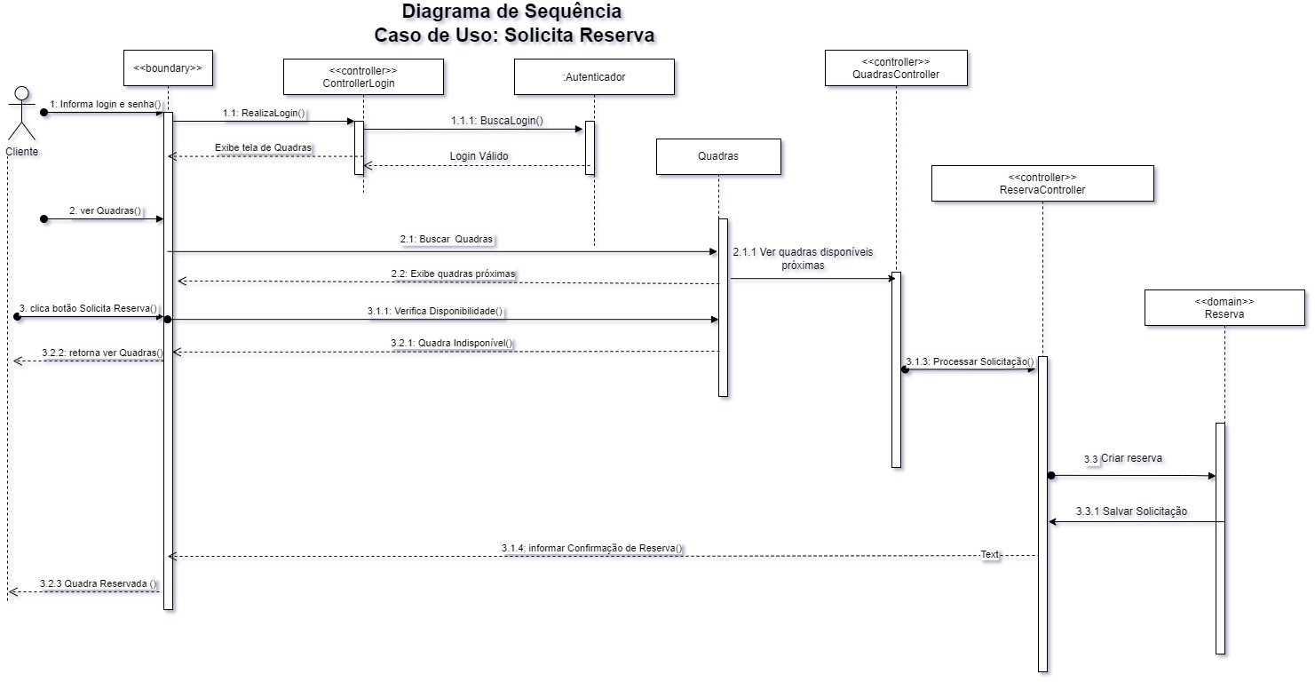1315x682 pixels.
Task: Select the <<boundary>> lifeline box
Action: [x=167, y=67]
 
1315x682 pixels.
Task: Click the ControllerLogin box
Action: [x=363, y=76]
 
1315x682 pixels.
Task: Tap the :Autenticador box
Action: [x=594, y=76]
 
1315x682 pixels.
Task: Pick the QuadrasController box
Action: [x=895, y=67]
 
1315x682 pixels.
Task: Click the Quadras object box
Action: [x=718, y=156]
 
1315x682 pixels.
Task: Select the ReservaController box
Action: [x=1042, y=183]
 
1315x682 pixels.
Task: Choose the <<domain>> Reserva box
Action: [x=1224, y=307]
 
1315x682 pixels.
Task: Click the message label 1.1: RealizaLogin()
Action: [x=264, y=113]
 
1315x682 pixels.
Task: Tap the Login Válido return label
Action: [x=479, y=156]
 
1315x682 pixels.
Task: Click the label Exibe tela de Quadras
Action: [x=264, y=147]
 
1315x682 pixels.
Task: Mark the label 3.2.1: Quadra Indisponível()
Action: [x=452, y=343]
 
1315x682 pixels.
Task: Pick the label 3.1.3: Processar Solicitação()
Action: [x=970, y=361]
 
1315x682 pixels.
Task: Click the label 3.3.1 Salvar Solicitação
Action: [x=1131, y=511]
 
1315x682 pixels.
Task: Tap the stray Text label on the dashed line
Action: [x=990, y=554]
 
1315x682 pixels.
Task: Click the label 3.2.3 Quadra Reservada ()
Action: [x=99, y=583]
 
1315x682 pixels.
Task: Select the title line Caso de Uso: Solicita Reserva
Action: [x=514, y=36]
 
